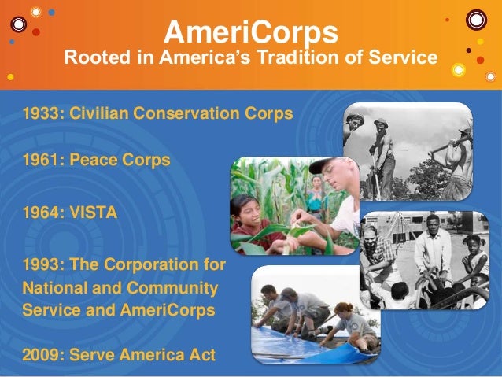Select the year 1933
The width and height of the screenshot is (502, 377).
point(42,113)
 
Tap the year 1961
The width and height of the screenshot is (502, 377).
point(42,160)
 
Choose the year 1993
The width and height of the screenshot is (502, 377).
point(42,264)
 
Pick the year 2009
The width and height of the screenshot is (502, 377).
point(42,353)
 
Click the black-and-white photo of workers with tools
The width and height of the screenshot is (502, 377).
point(406,151)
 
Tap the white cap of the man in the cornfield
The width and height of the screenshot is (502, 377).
point(324,165)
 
